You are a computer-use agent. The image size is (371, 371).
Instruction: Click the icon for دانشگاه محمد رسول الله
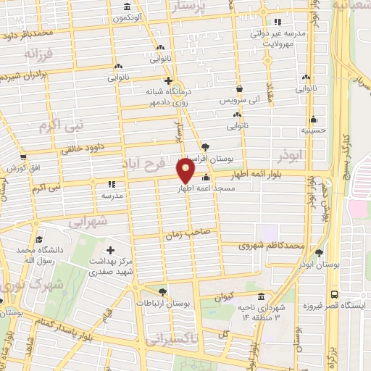(38, 240)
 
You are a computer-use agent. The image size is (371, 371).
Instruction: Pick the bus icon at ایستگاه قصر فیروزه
(334, 294)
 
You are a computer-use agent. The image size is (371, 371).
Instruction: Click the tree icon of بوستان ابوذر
(319, 252)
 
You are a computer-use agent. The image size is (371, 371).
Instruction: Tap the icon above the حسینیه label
(313, 120)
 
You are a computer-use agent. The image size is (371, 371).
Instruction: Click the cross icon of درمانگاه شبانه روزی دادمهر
(168, 81)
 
